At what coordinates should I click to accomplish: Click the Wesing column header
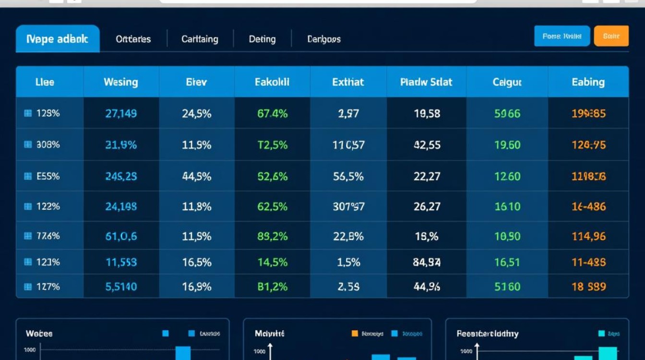tap(120, 82)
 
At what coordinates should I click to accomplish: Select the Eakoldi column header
tap(272, 82)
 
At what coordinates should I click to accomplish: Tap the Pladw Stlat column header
tap(426, 82)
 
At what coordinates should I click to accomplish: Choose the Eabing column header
tap(588, 82)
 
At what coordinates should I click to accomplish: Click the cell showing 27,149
tap(121, 114)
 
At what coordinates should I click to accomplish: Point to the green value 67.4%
tap(272, 114)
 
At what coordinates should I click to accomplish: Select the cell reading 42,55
tap(427, 144)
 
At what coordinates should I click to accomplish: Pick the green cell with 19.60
tap(507, 144)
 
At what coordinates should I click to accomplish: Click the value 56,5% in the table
tap(348, 177)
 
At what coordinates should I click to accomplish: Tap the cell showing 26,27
tap(427, 206)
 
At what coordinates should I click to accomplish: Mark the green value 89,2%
tap(272, 236)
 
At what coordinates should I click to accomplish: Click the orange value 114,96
tap(588, 236)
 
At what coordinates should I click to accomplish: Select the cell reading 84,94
tap(427, 263)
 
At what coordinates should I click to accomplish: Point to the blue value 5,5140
tap(121, 287)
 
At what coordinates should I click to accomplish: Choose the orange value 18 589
tap(588, 287)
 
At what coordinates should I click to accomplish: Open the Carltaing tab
tap(200, 39)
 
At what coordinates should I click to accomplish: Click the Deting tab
tap(262, 39)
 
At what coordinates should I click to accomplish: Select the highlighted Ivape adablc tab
tap(58, 39)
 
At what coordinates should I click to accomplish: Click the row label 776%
tap(48, 236)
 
